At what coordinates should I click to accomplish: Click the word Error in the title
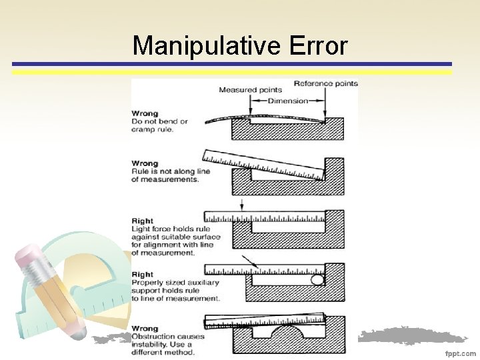[319, 46]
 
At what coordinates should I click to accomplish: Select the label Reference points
[325, 83]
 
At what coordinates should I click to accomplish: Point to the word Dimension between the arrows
[288, 101]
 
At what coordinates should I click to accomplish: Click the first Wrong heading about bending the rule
[145, 113]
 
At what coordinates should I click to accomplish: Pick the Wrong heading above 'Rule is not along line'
[145, 163]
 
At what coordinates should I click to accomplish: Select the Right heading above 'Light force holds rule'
[143, 221]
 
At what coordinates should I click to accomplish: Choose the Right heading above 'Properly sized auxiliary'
[143, 274]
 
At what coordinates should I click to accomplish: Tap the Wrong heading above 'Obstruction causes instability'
[145, 328]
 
